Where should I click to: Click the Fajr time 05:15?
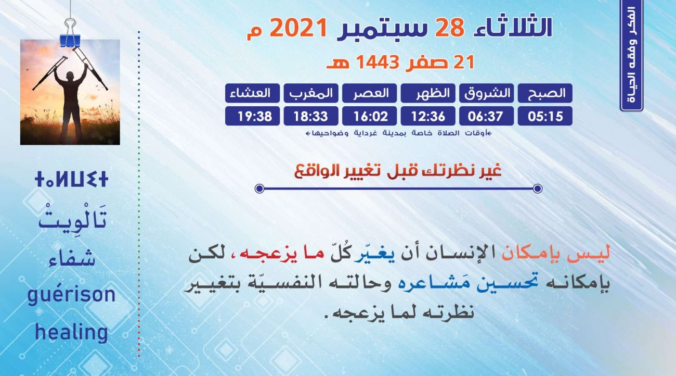[x=545, y=116]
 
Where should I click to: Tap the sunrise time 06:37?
[x=487, y=116]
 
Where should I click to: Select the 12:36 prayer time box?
[x=428, y=116]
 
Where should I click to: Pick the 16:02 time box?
[x=369, y=116]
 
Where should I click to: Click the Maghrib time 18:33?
[x=311, y=116]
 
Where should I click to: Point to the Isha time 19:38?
[x=252, y=116]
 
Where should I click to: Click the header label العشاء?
[x=252, y=93]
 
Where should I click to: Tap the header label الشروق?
[x=487, y=93]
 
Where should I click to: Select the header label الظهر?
[x=428, y=93]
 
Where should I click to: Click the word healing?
[x=72, y=332]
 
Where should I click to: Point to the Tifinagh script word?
[x=71, y=179]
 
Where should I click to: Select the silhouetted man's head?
[x=70, y=76]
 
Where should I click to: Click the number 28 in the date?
[x=449, y=28]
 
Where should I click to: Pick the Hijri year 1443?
[x=378, y=62]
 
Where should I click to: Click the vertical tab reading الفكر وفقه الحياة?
[x=632, y=55]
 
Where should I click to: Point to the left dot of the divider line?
[x=259, y=189]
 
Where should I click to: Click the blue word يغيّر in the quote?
[x=374, y=254]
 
